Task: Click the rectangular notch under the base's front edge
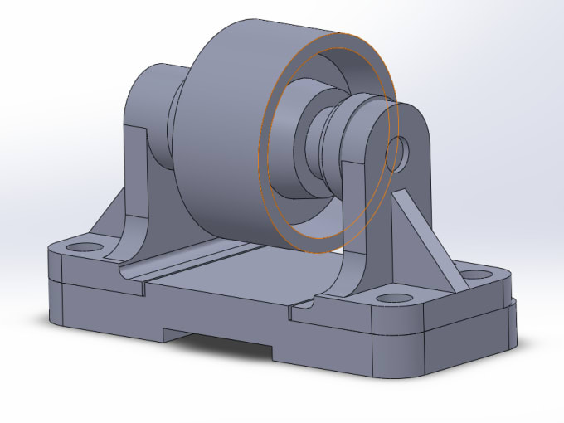(x=220, y=341)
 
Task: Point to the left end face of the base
(x=56, y=282)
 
